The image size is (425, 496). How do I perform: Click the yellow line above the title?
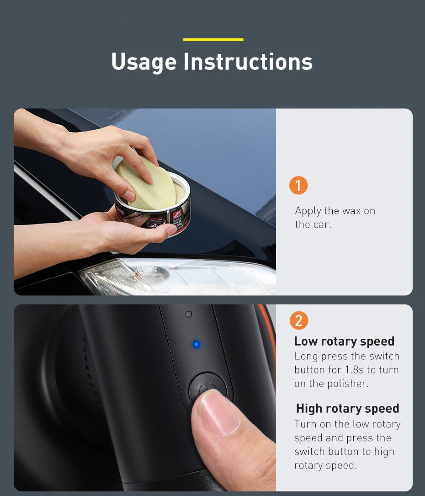pyautogui.click(x=213, y=40)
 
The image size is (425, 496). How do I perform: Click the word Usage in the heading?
pyautogui.click(x=143, y=62)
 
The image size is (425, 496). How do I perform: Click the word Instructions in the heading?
pyautogui.click(x=248, y=62)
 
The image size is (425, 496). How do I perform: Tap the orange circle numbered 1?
pyautogui.click(x=298, y=186)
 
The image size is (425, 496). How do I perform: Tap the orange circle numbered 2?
pyautogui.click(x=298, y=320)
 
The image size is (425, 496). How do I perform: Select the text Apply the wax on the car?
pyautogui.click(x=335, y=218)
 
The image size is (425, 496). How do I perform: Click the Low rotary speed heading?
pyautogui.click(x=344, y=341)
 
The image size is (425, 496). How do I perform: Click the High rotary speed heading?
pyautogui.click(x=347, y=408)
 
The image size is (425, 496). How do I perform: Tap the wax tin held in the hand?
pyautogui.click(x=153, y=215)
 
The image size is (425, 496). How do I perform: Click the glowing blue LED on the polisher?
pyautogui.click(x=196, y=344)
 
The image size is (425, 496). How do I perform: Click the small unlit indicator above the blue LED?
pyautogui.click(x=189, y=315)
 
